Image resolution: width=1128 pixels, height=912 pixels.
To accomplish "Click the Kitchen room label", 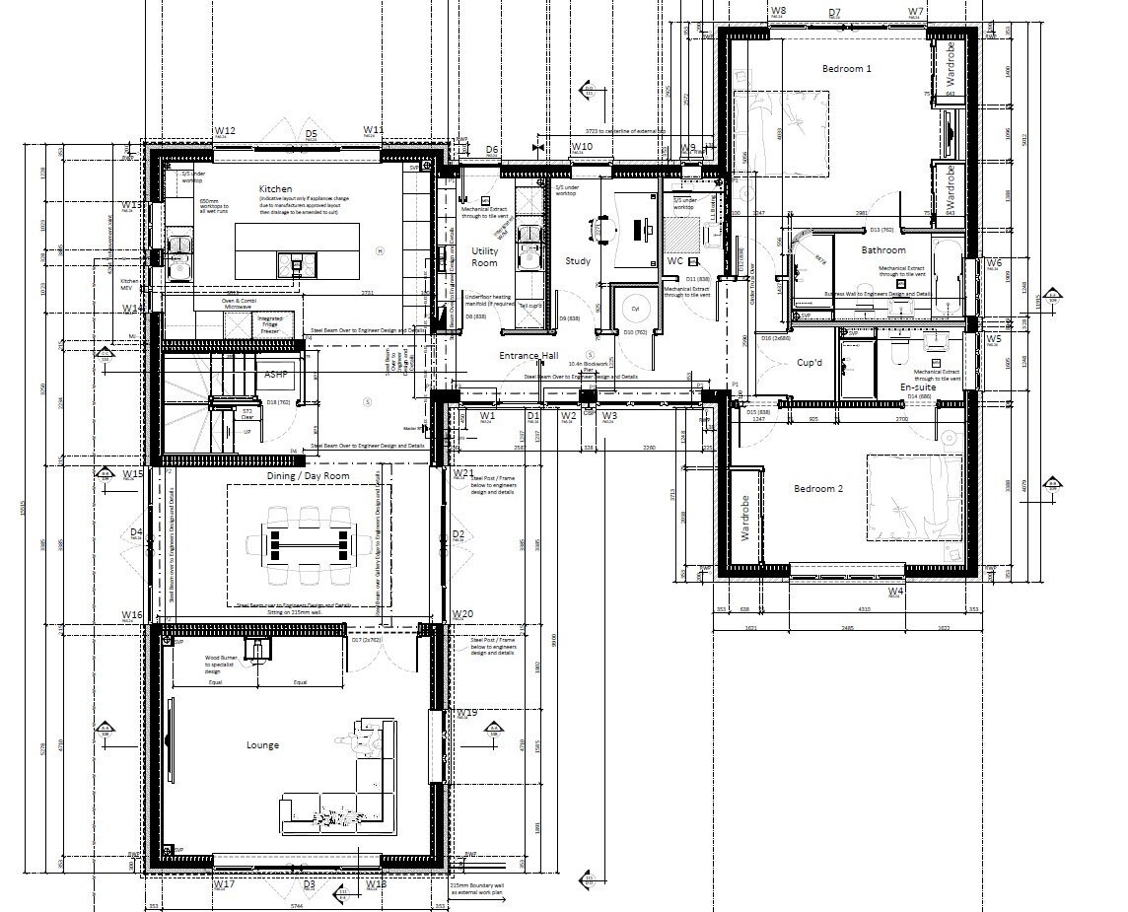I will (275, 188).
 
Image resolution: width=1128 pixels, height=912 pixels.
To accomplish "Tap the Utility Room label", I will (485, 257).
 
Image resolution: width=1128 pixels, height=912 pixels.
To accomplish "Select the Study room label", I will (577, 261).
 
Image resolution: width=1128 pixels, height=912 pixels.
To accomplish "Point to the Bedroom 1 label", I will (847, 68).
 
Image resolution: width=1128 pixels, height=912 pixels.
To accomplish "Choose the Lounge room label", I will (262, 745).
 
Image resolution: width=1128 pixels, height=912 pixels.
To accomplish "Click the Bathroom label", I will (882, 250).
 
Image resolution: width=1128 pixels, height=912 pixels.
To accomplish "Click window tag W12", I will (225, 131).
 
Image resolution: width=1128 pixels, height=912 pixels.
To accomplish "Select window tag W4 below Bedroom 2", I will (895, 591).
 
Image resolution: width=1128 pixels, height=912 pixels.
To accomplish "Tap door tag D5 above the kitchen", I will (311, 133).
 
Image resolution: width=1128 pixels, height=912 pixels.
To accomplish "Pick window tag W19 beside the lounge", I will (467, 713).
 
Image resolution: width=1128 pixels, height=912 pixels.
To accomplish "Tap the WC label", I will (674, 261).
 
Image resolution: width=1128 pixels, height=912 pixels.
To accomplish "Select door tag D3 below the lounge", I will (309, 884).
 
